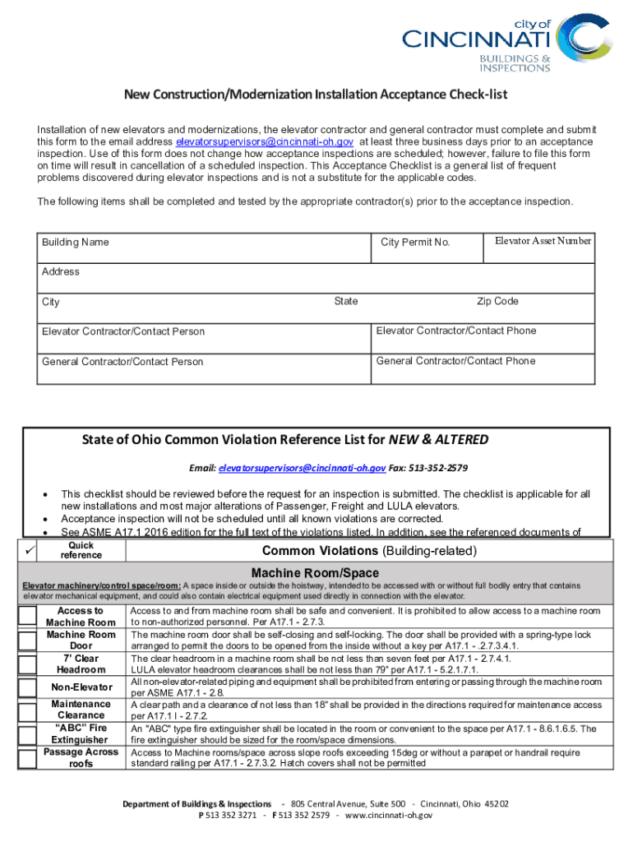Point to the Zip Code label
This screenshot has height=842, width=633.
click(497, 302)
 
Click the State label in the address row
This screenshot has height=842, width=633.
click(346, 302)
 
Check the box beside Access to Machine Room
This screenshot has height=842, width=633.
click(28, 617)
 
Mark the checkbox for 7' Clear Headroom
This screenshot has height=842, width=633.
click(28, 664)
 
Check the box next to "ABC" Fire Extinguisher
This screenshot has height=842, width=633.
click(28, 734)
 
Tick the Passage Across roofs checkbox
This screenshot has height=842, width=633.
click(28, 757)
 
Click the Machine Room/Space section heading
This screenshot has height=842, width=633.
click(315, 572)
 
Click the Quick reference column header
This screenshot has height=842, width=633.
click(81, 550)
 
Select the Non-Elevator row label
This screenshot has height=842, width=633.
click(81, 687)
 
